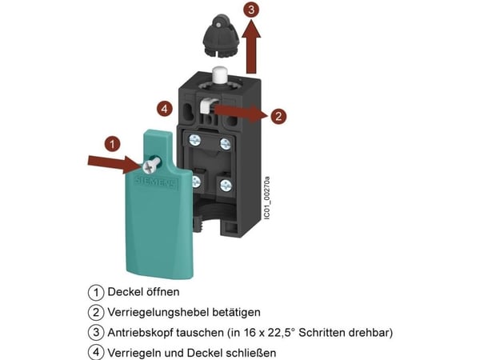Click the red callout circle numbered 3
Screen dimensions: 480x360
click(x=251, y=10)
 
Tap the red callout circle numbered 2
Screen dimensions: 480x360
click(x=278, y=116)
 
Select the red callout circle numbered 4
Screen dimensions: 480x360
click(x=165, y=109)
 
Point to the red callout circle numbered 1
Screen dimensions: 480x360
click(x=112, y=144)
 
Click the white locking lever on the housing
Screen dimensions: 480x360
click(x=208, y=106)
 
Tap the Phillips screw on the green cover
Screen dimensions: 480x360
click(x=150, y=166)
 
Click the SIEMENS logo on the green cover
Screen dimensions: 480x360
click(x=156, y=182)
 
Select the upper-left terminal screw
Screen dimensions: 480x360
click(x=194, y=141)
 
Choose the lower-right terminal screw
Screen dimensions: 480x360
click(x=226, y=186)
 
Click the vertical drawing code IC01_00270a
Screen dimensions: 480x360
click(x=267, y=198)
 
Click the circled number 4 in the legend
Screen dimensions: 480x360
click(x=96, y=352)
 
